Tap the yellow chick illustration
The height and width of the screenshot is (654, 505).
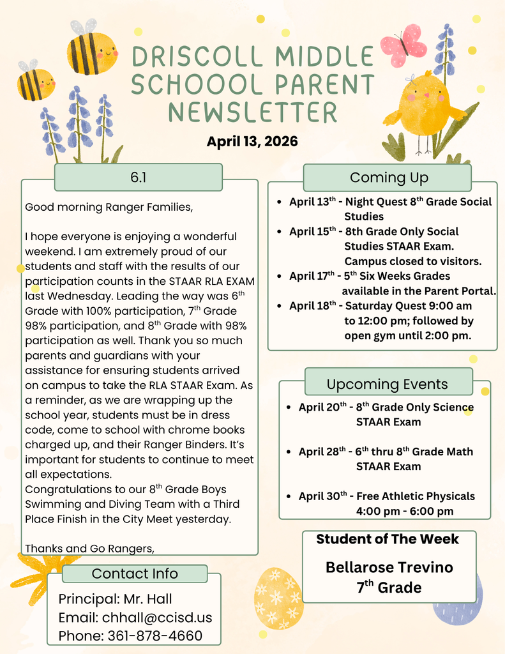423,105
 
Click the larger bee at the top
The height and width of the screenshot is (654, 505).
92,52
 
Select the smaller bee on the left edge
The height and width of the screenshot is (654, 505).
35,84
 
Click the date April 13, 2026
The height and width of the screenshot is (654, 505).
252,141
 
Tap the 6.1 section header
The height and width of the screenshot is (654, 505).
139,177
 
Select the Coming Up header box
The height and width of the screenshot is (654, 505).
388,177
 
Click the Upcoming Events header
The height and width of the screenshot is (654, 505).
388,384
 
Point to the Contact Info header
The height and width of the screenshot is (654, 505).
135,573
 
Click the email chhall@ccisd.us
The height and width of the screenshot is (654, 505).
135,618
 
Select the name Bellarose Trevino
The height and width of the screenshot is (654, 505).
389,567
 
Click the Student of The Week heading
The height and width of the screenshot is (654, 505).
388,539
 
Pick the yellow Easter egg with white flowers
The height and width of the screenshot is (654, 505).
278,598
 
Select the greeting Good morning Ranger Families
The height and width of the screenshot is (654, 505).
108,207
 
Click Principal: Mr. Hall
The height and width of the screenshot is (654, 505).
115,599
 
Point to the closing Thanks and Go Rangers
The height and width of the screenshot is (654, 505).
90,547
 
